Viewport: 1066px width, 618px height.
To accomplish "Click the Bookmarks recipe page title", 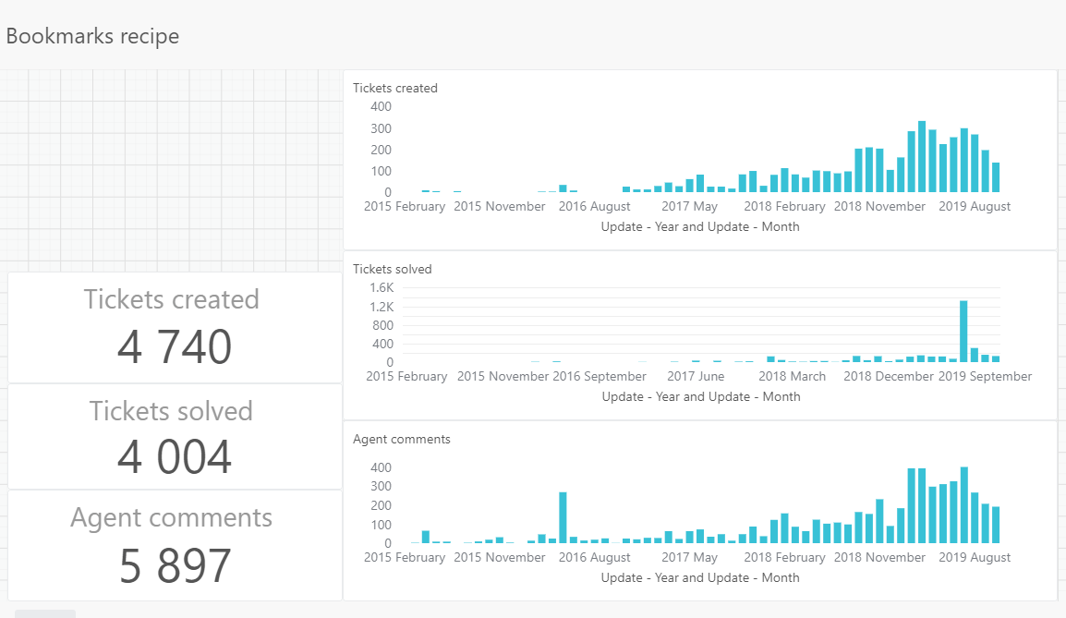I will [92, 37].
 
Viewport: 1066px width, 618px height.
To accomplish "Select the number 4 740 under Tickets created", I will [174, 347].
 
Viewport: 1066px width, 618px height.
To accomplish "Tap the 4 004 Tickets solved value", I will [174, 457].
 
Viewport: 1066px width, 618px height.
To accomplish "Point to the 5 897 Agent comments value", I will [175, 566].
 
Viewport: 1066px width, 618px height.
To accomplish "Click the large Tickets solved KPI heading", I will [171, 411].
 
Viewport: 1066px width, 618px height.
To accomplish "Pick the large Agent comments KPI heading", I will [171, 517].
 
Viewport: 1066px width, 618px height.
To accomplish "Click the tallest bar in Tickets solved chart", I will [963, 331].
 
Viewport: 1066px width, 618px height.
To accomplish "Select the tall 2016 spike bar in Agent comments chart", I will [563, 517].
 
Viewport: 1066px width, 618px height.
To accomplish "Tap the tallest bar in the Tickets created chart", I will [922, 157].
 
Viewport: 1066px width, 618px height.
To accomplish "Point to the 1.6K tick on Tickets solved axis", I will [382, 288].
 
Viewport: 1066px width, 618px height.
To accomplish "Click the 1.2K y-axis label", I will [382, 307].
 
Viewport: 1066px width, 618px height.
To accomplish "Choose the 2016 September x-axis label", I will [600, 377].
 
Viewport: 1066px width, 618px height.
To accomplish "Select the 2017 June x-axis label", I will [696, 377].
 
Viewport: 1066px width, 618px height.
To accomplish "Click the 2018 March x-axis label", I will [793, 377].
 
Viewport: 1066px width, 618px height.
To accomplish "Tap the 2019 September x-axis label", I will [985, 377].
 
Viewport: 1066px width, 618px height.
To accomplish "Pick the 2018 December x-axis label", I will [889, 377].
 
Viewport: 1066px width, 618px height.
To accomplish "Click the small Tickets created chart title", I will [395, 89].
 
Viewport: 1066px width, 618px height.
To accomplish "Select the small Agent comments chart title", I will [402, 440].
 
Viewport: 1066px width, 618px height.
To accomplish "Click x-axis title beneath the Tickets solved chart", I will [700, 396].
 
